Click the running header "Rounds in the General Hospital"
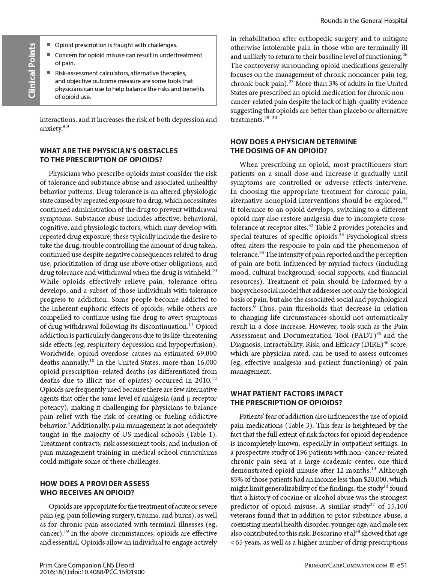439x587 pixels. click(364, 21)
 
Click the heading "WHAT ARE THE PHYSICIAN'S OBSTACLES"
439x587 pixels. click(109, 151)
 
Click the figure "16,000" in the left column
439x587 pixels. click(206, 362)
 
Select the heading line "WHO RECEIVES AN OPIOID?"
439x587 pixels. click(87, 493)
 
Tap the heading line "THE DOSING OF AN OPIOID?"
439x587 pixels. click(278, 151)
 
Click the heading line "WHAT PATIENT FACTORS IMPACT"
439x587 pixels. click(286, 394)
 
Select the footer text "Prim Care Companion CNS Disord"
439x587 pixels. click(87, 565)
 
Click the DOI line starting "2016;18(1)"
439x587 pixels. click(92, 572)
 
